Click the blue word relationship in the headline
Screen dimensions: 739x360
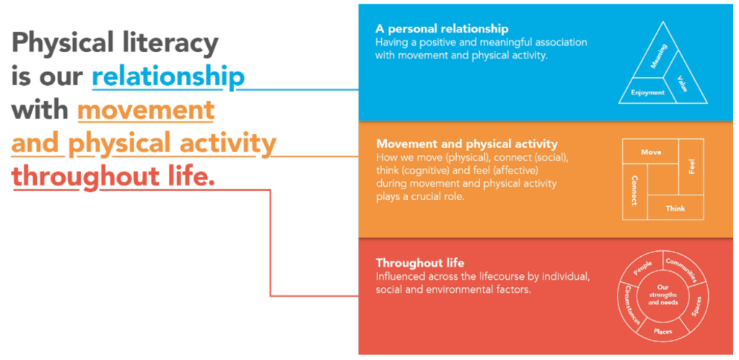click(168, 77)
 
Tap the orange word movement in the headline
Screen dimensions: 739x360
click(146, 110)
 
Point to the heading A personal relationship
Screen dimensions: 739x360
click(442, 29)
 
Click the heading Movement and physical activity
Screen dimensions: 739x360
click(467, 144)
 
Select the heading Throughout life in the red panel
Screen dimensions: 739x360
click(420, 263)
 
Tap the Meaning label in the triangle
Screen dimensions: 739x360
click(658, 56)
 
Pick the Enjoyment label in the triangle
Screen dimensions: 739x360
click(647, 92)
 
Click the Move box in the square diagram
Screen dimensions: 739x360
click(651, 152)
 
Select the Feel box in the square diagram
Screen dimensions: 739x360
click(691, 167)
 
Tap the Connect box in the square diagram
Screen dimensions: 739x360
click(634, 191)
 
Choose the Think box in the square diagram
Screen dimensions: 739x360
click(675, 207)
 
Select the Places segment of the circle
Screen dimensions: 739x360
click(663, 331)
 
